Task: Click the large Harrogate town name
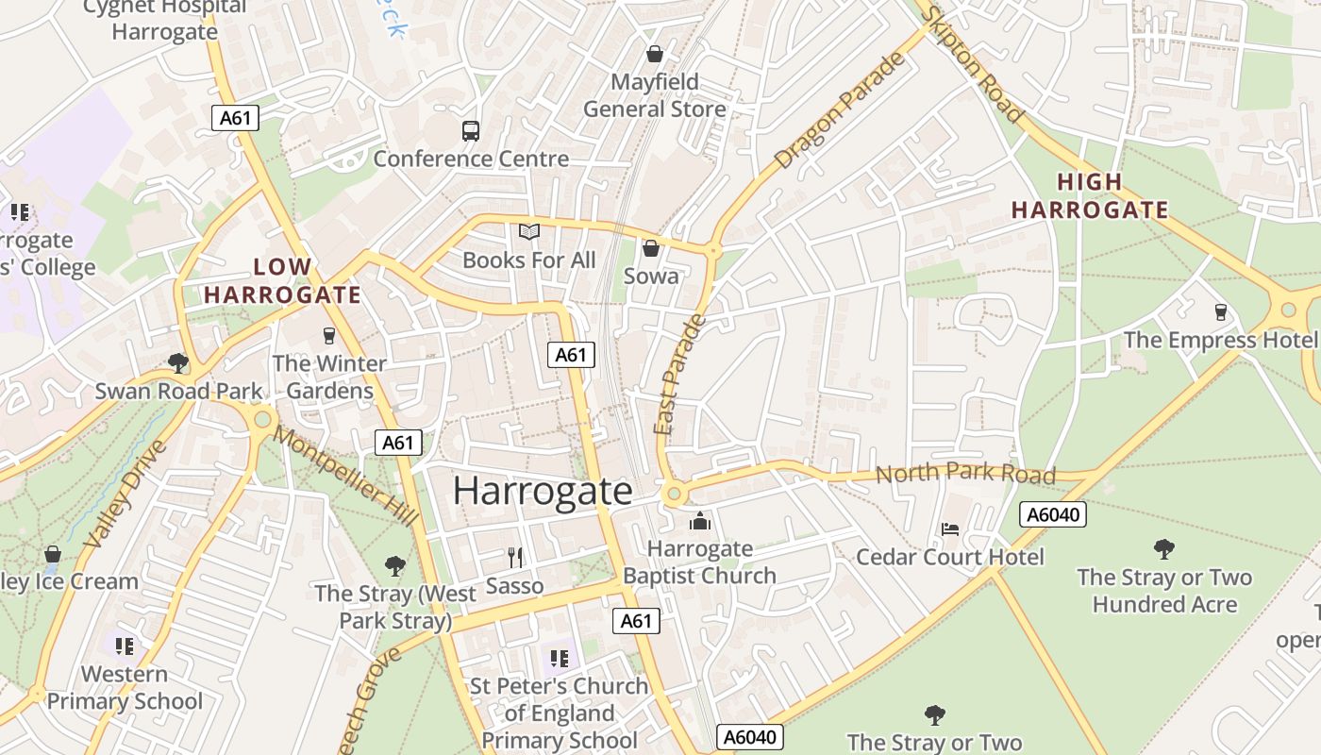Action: (x=543, y=491)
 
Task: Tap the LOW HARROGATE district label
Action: (x=282, y=280)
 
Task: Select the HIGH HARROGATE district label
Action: (x=1090, y=196)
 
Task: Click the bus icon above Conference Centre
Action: (x=470, y=131)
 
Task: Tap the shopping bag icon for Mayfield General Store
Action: (x=654, y=55)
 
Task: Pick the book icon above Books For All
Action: (x=529, y=231)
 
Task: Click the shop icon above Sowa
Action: (x=650, y=248)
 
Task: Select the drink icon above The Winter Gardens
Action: (x=328, y=336)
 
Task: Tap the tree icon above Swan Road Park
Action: (x=177, y=363)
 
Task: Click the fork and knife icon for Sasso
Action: (x=514, y=558)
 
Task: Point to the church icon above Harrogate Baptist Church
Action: (x=699, y=521)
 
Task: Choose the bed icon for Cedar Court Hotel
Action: (x=949, y=529)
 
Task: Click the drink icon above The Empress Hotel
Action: (x=1220, y=312)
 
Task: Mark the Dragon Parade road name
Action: (x=840, y=111)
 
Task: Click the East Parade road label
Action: (x=680, y=375)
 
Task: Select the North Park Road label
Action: (x=964, y=473)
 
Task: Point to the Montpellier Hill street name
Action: (x=345, y=477)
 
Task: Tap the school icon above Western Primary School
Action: (x=124, y=646)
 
